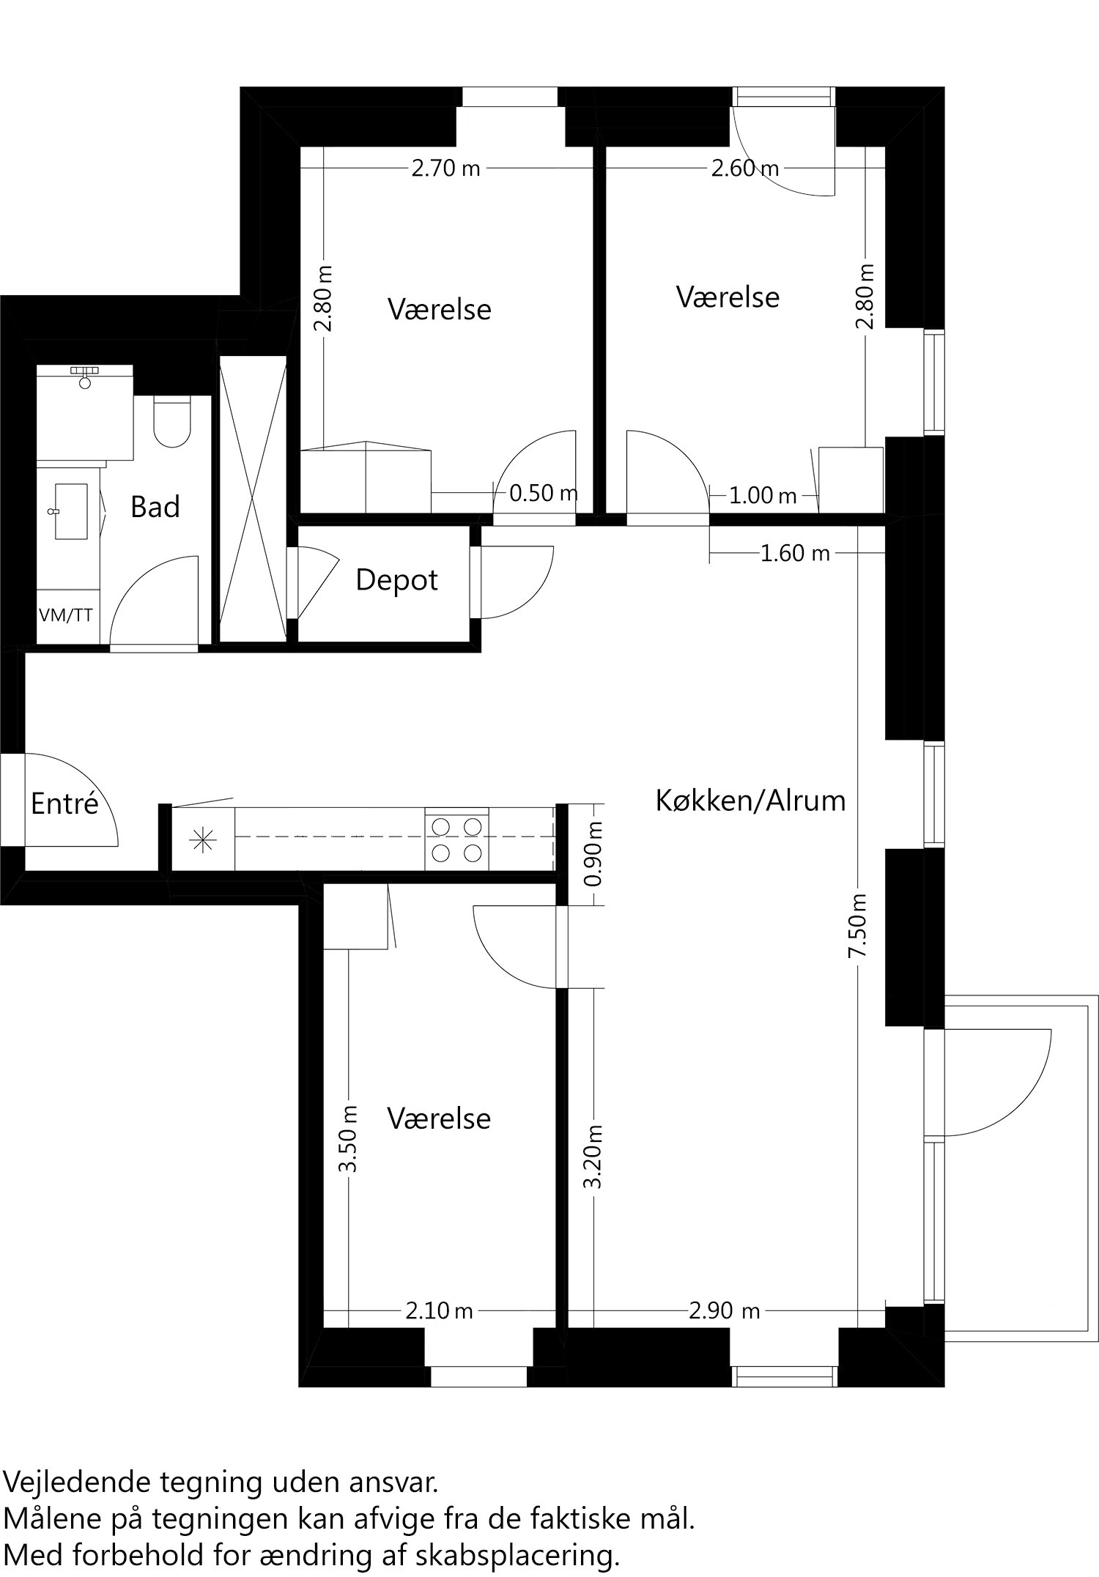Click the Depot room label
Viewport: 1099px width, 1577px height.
(396, 580)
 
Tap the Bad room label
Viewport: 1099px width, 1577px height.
(155, 507)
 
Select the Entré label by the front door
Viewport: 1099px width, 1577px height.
(64, 804)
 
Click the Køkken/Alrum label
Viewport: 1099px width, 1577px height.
(750, 801)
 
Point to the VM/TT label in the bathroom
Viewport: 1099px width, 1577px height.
(66, 615)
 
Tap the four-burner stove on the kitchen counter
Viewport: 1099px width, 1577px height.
(456, 839)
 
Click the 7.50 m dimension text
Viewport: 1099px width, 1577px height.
(857, 925)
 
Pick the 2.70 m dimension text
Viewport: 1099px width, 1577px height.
(445, 169)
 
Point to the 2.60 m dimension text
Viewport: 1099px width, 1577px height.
(745, 169)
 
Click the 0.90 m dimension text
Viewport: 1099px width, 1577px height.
(593, 853)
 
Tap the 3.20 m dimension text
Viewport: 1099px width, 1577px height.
(593, 1157)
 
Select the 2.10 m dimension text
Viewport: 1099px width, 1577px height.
(439, 1310)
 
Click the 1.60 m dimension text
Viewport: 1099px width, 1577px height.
(795, 553)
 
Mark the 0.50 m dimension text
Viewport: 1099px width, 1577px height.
(543, 493)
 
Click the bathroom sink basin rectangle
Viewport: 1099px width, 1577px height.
(71, 511)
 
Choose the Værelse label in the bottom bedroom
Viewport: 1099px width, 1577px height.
(439, 1118)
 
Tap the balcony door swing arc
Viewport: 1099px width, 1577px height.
(1026, 1099)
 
